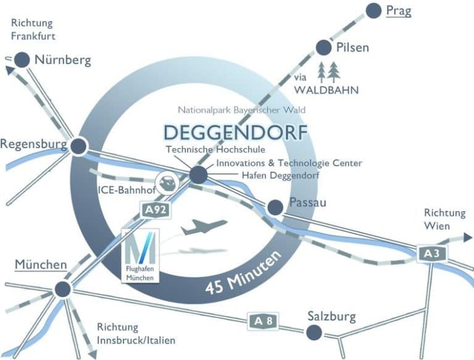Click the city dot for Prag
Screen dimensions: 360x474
click(x=373, y=10)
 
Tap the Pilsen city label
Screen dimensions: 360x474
click(x=353, y=48)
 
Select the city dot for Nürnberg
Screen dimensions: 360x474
click(x=22, y=60)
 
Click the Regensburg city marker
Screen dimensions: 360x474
click(x=78, y=146)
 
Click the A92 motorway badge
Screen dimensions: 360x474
click(x=156, y=210)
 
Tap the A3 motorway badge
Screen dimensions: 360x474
click(x=430, y=253)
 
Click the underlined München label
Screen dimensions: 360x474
click(x=41, y=265)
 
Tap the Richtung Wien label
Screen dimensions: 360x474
click(x=444, y=219)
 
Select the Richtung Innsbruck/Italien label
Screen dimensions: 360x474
click(x=136, y=333)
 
